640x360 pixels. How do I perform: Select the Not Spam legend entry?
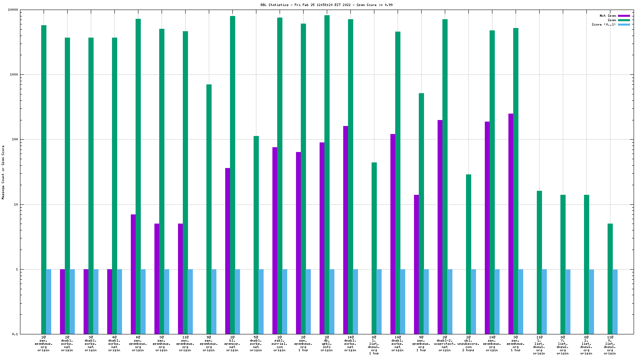[608, 16]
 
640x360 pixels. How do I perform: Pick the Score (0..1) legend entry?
[604, 24]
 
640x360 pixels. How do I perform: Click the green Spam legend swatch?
[624, 20]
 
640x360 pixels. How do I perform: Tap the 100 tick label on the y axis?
[15, 140]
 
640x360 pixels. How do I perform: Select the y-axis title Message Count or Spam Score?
[3, 172]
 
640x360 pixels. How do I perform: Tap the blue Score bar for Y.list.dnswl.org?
[568, 302]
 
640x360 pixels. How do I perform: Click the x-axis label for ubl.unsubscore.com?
[468, 344]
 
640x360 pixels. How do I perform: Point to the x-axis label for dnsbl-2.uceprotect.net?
[445, 344]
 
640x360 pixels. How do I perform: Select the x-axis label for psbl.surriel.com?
[280, 344]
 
